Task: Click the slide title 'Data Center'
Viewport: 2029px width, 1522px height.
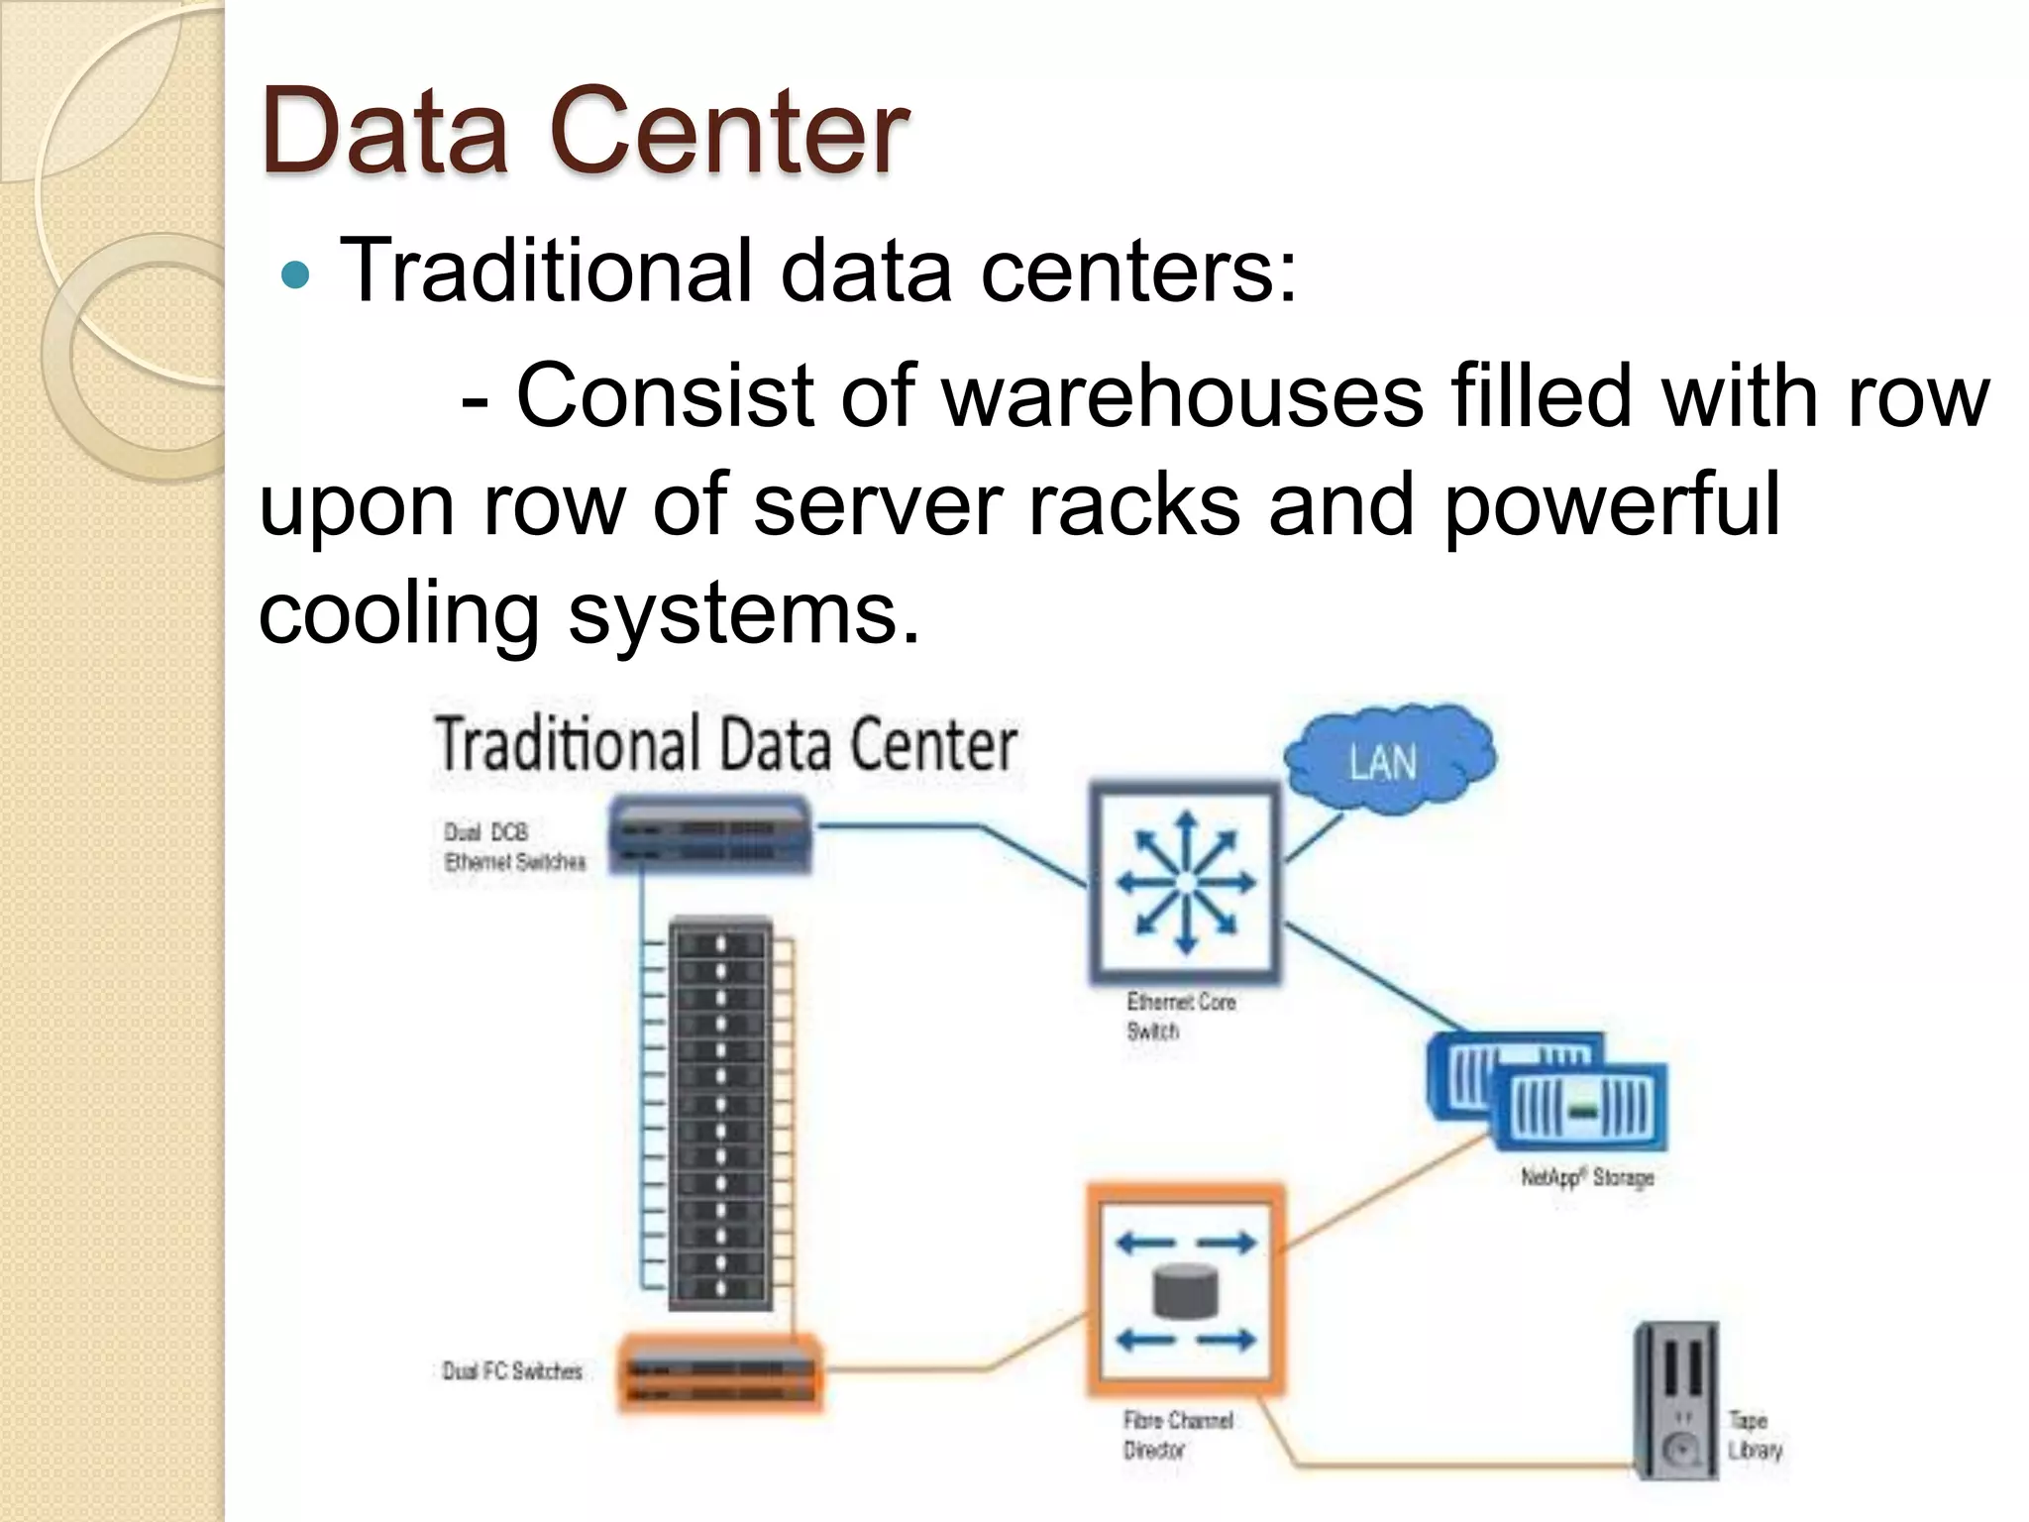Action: point(585,132)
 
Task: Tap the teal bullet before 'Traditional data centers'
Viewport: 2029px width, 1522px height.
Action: point(295,274)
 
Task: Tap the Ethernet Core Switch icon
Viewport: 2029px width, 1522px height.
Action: point(1185,882)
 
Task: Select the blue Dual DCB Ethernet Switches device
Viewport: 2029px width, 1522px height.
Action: point(709,837)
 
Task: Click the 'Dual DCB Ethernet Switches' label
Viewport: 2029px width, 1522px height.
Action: point(514,847)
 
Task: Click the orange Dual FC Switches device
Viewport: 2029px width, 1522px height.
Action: point(720,1371)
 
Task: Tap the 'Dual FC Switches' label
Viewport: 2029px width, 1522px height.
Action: point(512,1371)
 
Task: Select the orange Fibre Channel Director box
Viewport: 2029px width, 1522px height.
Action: point(1185,1289)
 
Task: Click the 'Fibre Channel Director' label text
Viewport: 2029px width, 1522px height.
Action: point(1177,1435)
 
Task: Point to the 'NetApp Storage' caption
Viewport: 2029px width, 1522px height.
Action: point(1587,1178)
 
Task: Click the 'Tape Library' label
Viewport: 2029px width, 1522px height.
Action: point(1755,1435)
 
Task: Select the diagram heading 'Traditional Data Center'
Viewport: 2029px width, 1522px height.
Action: point(726,745)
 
